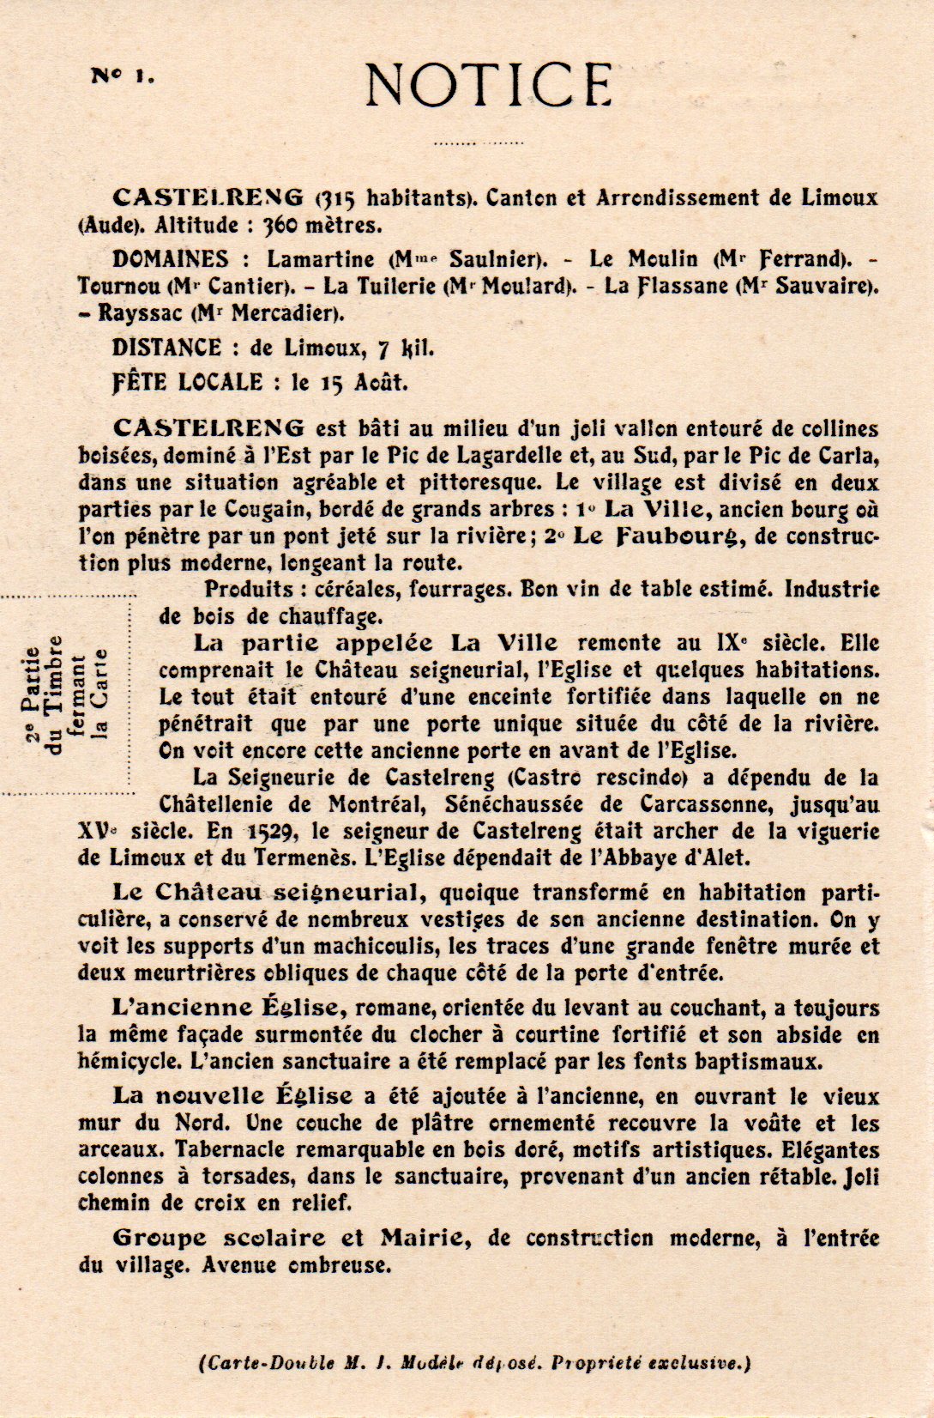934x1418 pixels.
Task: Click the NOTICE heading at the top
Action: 489,84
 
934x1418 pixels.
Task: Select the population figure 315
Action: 336,198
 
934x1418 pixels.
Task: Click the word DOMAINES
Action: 170,259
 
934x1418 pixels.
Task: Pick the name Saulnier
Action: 495,259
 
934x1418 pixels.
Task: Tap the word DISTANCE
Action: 166,348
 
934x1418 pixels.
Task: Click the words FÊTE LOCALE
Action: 186,382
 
